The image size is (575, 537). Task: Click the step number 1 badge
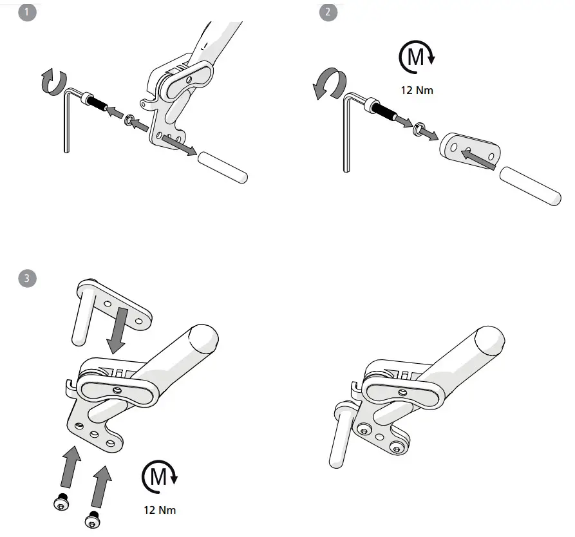pyautogui.click(x=26, y=12)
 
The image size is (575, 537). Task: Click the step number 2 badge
pyautogui.click(x=328, y=12)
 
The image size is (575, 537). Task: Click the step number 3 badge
pyautogui.click(x=26, y=278)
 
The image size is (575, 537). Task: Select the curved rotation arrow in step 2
pyautogui.click(x=330, y=85)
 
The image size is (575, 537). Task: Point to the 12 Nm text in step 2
pyautogui.click(x=417, y=90)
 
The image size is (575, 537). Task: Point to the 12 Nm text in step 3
pyautogui.click(x=159, y=510)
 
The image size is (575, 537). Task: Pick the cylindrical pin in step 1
pyautogui.click(x=222, y=166)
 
